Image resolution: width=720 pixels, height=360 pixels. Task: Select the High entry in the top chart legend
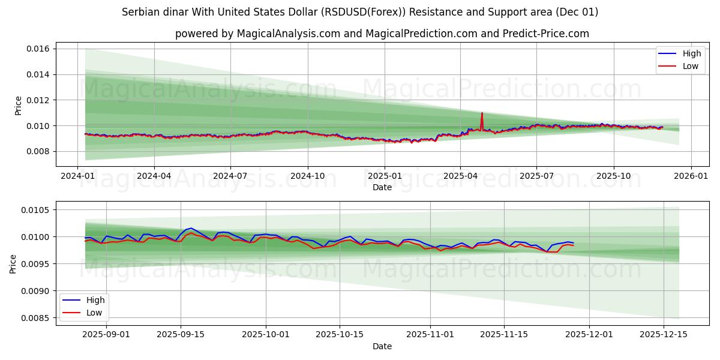[691, 53]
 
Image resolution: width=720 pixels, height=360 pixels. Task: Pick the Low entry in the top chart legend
[690, 66]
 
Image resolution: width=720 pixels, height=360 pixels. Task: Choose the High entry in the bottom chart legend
[95, 300]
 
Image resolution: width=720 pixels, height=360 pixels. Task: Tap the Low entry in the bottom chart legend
[94, 313]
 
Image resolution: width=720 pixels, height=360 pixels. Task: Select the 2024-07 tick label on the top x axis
[231, 176]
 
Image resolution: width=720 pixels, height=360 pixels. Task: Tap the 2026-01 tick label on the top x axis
[691, 176]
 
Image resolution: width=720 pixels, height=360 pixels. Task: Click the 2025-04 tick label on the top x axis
[460, 176]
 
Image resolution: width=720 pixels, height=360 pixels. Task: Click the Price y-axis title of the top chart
[18, 105]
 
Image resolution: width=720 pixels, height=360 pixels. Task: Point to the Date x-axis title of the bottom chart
[382, 346]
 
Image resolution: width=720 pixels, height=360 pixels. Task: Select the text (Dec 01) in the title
[577, 12]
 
